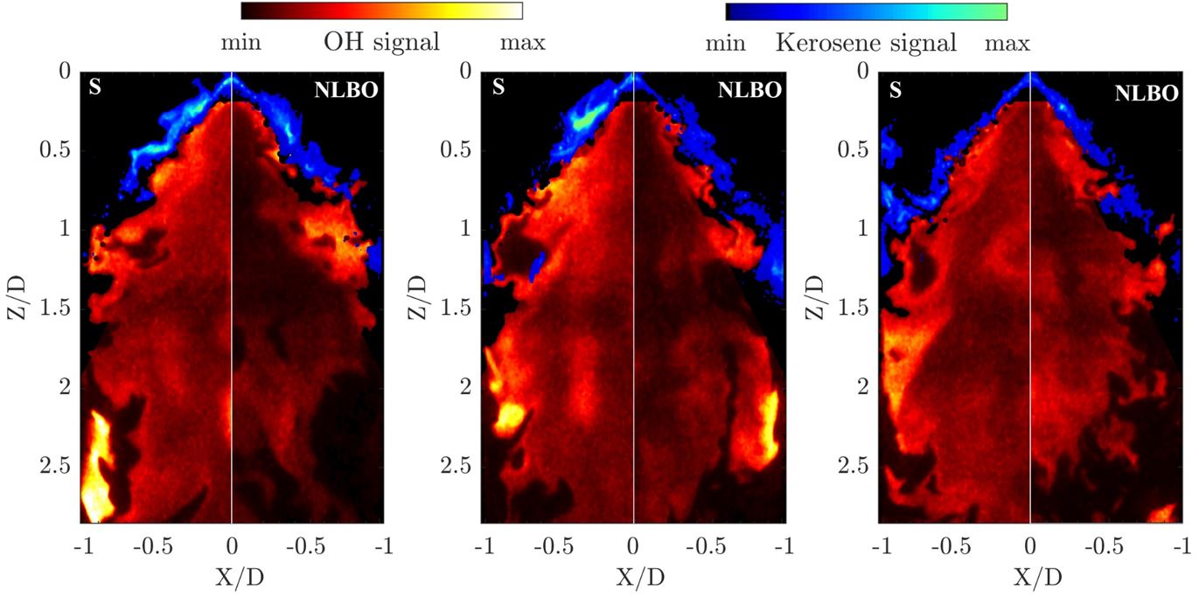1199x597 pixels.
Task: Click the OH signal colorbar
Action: (381, 10)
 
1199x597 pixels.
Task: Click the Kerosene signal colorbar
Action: (866, 11)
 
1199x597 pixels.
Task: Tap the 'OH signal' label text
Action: (381, 42)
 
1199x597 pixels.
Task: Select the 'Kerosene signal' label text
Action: (866, 42)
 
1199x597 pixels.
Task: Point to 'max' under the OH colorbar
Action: (522, 42)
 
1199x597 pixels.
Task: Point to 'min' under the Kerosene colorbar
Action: (725, 42)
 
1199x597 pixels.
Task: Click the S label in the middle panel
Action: (498, 88)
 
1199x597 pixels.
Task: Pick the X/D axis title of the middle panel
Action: (633, 577)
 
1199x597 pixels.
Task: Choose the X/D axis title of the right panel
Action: (1030, 577)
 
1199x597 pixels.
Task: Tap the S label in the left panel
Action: (95, 88)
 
